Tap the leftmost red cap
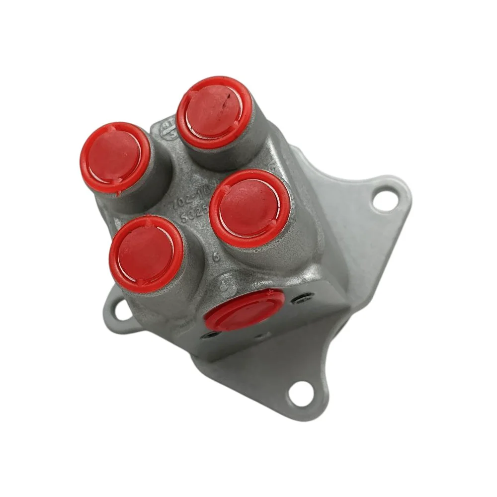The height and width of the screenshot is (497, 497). (114, 157)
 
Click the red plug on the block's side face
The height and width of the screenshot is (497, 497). (247, 310)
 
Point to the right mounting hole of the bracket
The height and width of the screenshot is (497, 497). (382, 199)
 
